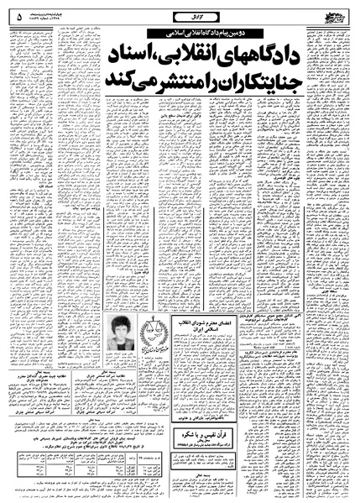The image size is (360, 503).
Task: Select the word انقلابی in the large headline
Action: click(x=184, y=55)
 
